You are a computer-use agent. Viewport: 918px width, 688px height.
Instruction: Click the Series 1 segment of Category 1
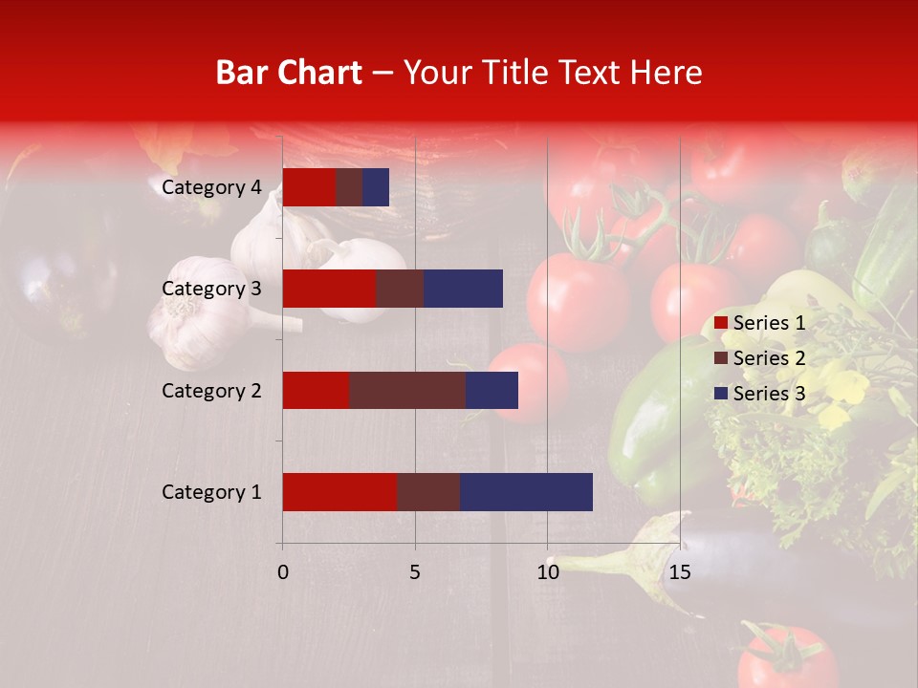pos(339,492)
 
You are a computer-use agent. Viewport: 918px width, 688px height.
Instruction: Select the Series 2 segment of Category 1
pos(427,492)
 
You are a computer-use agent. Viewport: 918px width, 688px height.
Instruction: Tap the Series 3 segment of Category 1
pos(526,492)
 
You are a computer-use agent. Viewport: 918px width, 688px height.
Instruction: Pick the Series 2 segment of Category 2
pos(407,390)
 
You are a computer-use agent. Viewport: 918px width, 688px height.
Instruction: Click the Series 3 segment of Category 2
pos(492,390)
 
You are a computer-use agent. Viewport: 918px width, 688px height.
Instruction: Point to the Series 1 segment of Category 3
pos(329,289)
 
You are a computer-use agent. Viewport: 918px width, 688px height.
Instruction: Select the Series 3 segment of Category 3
pos(463,289)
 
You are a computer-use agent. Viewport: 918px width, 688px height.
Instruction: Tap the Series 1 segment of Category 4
pos(309,187)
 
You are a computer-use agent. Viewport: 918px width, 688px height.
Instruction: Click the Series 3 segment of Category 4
pos(376,187)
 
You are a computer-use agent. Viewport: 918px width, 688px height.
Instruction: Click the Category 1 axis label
pos(211,492)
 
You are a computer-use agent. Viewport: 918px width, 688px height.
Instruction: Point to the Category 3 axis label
pos(211,289)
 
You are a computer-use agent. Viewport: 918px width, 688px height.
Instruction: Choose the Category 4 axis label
pos(211,187)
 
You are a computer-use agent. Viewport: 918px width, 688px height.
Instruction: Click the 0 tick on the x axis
pos(283,572)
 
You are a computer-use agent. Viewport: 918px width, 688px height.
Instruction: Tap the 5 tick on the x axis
pos(415,572)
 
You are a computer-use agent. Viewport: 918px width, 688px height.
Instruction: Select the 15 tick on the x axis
pos(679,572)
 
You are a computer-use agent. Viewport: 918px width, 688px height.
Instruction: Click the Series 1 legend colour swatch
pos(721,323)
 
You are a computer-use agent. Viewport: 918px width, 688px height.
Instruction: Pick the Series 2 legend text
pos(769,358)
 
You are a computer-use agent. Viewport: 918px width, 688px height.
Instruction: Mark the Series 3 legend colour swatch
pos(721,394)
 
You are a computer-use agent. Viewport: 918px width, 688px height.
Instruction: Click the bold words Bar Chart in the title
pos(289,73)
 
